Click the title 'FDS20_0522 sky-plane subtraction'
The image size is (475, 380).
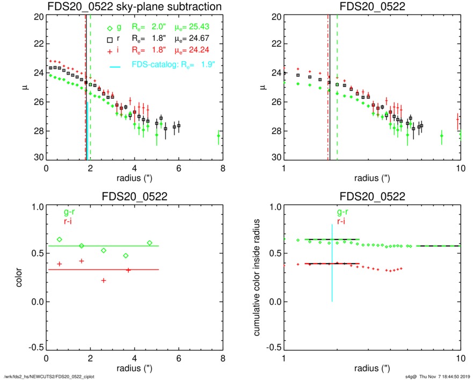point(134,6)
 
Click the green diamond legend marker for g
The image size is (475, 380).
point(109,28)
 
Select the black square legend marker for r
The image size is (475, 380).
point(109,39)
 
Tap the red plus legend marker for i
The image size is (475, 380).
point(109,50)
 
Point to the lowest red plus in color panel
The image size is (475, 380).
point(104,280)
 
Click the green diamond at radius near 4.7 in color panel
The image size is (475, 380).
point(150,243)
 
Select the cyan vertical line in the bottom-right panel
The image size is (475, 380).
point(332,268)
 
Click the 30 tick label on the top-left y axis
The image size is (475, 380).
point(38,158)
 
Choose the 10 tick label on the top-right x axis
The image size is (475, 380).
point(460,168)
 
